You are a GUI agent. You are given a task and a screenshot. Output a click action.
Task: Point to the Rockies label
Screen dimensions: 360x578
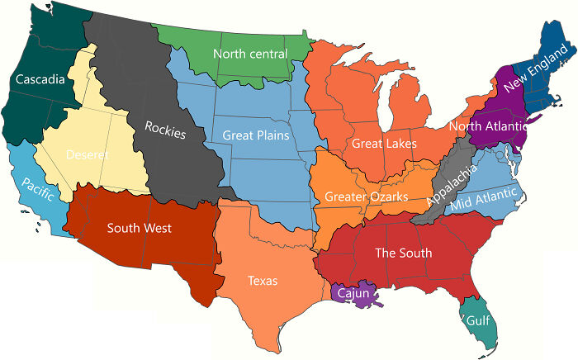(x=165, y=130)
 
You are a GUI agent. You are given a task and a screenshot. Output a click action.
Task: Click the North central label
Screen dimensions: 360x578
(x=250, y=54)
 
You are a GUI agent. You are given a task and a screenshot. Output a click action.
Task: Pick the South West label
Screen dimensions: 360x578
(x=140, y=228)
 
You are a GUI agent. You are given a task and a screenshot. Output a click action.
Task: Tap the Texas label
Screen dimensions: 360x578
(x=263, y=281)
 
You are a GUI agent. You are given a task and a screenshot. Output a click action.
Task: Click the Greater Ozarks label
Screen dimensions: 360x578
(x=366, y=197)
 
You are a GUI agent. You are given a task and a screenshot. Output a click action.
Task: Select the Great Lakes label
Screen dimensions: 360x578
(x=384, y=144)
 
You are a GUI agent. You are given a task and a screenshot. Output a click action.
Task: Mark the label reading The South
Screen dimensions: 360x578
(x=403, y=253)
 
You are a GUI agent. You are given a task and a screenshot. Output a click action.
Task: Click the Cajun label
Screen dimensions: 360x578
(x=356, y=291)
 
